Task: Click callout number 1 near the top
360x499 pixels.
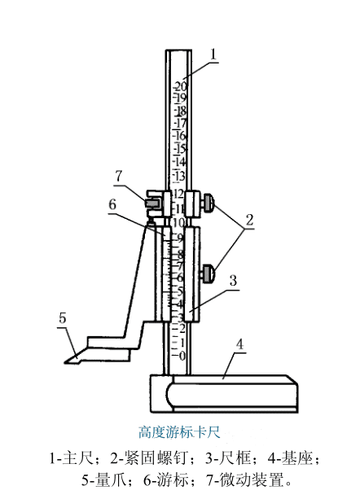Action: click(213, 54)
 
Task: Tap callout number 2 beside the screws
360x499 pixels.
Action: click(249, 220)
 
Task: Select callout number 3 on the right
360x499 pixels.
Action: click(233, 280)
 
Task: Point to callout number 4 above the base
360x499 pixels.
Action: click(239, 344)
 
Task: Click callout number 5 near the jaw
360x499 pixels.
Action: click(63, 318)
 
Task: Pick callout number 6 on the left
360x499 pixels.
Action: click(112, 204)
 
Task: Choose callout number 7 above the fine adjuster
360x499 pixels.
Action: click(118, 176)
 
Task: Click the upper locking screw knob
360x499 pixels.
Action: click(208, 204)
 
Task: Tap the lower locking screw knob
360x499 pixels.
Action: click(208, 274)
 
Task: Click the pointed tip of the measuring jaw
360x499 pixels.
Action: click(65, 362)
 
